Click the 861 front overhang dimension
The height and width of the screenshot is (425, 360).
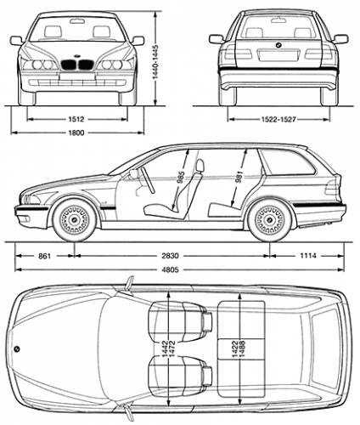[x=45, y=256]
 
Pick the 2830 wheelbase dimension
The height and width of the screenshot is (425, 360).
[x=172, y=256]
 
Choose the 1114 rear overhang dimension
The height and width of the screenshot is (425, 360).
[x=308, y=256]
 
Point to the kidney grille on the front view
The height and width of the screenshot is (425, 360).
[x=78, y=65]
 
